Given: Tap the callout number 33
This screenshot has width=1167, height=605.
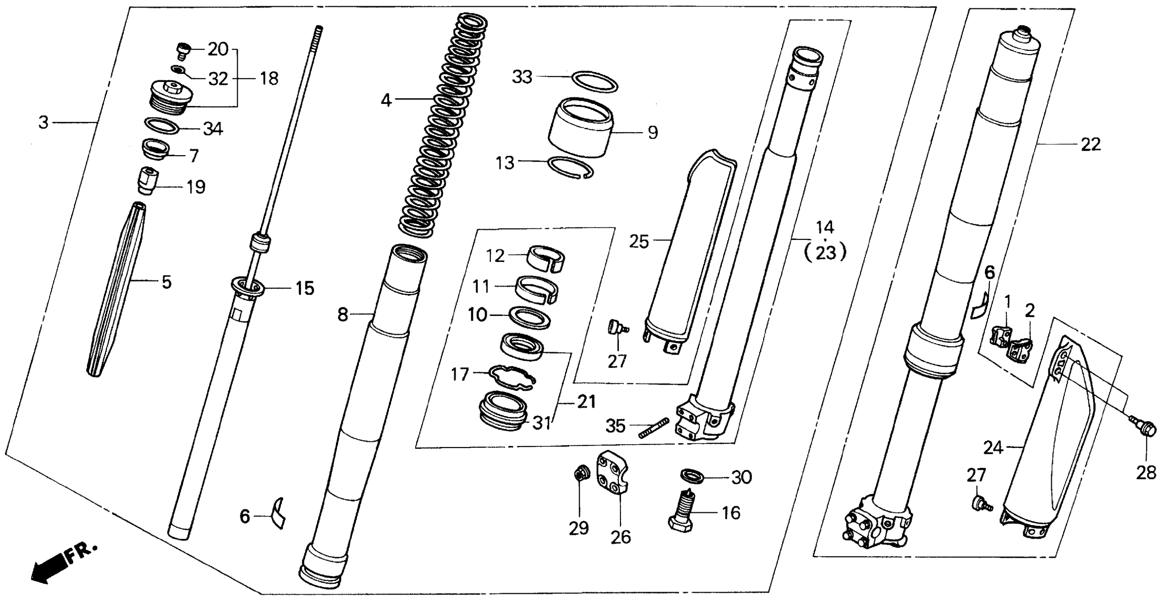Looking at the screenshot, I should pos(522,77).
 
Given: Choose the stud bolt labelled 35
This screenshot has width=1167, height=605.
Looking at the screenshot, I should pos(653,427).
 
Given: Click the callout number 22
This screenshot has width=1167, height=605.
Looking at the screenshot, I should pos(1090,145).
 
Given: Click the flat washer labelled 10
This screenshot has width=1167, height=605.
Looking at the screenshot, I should pos(530,318).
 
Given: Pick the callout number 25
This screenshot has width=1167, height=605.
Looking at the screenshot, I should pos(639,242).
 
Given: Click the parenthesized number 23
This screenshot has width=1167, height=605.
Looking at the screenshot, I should pos(825,253).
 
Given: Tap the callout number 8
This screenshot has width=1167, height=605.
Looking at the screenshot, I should pos(343,314).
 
